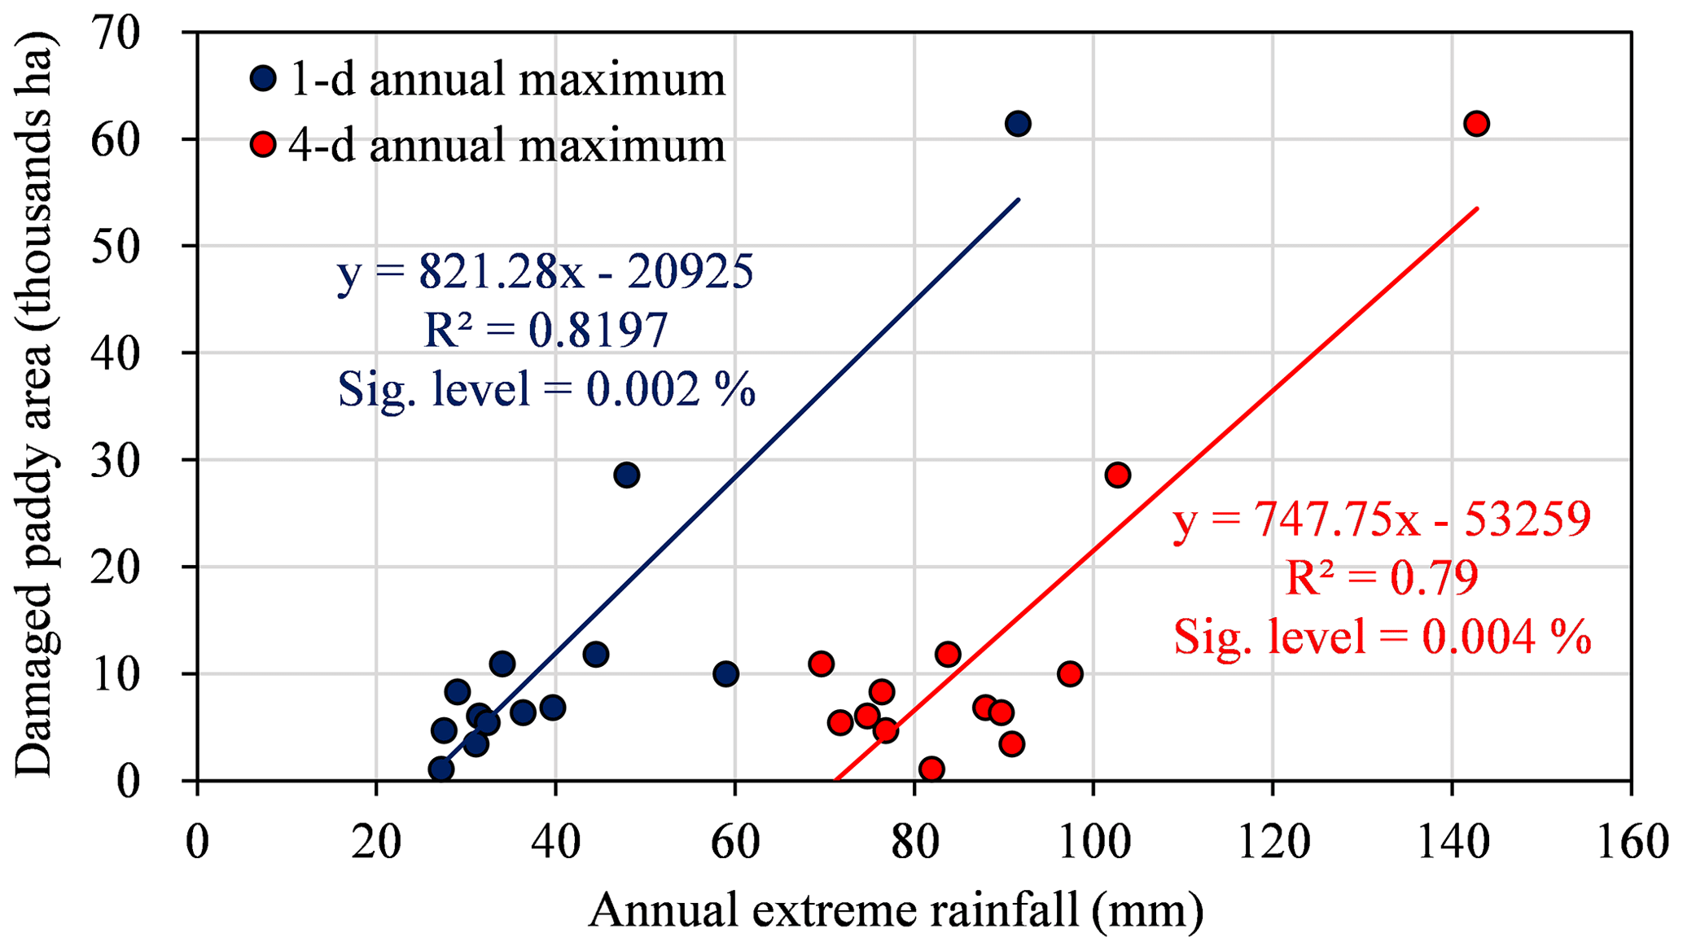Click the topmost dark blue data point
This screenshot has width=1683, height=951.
click(1018, 124)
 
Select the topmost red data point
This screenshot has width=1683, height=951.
click(1476, 124)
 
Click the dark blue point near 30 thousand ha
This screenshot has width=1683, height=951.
click(626, 475)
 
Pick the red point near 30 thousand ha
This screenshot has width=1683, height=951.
click(1118, 475)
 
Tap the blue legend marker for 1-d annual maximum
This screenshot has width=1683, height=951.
click(263, 79)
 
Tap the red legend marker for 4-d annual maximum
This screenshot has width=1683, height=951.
click(263, 145)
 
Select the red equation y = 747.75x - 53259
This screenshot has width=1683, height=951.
click(1382, 519)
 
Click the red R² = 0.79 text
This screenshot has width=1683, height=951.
click(1382, 577)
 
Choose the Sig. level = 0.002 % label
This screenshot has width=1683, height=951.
click(546, 389)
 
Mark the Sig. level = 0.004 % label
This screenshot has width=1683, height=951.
click(1382, 637)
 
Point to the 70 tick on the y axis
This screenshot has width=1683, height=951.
click(116, 33)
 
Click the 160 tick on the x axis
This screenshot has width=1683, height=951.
click(1632, 843)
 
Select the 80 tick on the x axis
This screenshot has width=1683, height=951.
click(914, 843)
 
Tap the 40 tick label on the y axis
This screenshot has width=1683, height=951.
click(116, 353)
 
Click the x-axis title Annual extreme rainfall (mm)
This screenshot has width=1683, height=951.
click(896, 910)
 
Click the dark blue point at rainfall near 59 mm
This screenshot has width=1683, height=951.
click(725, 674)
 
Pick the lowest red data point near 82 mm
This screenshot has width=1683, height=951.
click(931, 769)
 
